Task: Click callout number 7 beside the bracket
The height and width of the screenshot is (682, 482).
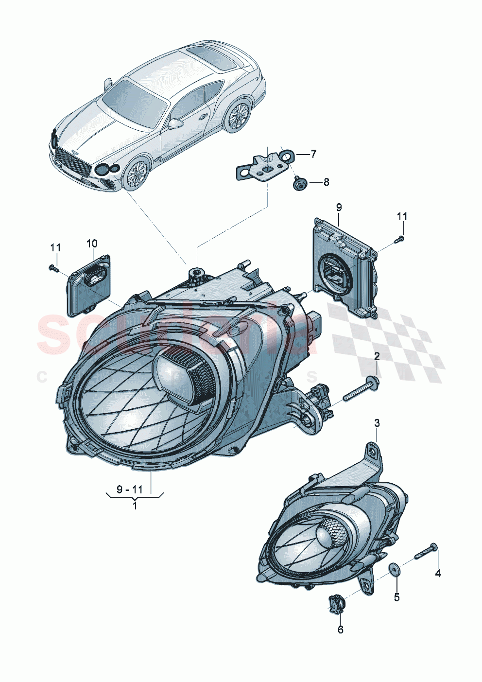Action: tap(313, 154)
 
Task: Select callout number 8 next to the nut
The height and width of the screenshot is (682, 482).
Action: tap(326, 182)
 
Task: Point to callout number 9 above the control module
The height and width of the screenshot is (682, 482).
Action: tap(339, 208)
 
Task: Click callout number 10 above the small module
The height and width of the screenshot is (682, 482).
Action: tap(92, 243)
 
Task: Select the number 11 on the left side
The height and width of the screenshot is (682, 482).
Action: tap(55, 247)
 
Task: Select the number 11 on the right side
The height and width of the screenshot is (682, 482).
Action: tap(402, 216)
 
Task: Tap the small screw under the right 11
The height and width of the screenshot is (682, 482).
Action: tap(400, 239)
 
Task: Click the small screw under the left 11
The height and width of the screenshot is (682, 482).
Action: tap(54, 267)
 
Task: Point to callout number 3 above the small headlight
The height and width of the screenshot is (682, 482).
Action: tap(377, 423)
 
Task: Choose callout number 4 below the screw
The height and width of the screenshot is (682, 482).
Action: tap(438, 574)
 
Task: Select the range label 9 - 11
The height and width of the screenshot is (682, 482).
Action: tap(130, 490)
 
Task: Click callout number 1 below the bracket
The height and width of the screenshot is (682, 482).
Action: tap(135, 506)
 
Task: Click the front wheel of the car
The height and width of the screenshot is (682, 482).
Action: tap(137, 174)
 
